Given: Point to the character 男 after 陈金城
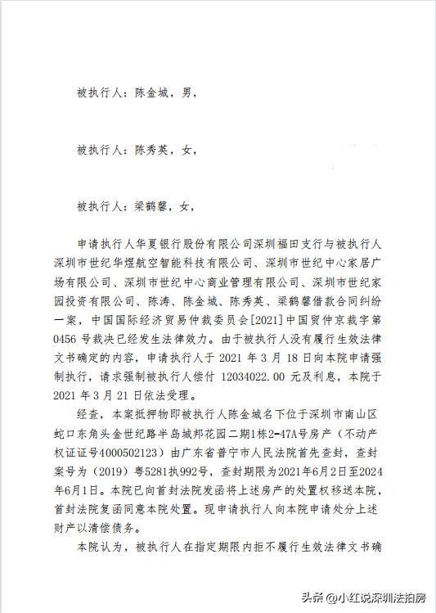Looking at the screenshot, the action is [187, 94].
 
